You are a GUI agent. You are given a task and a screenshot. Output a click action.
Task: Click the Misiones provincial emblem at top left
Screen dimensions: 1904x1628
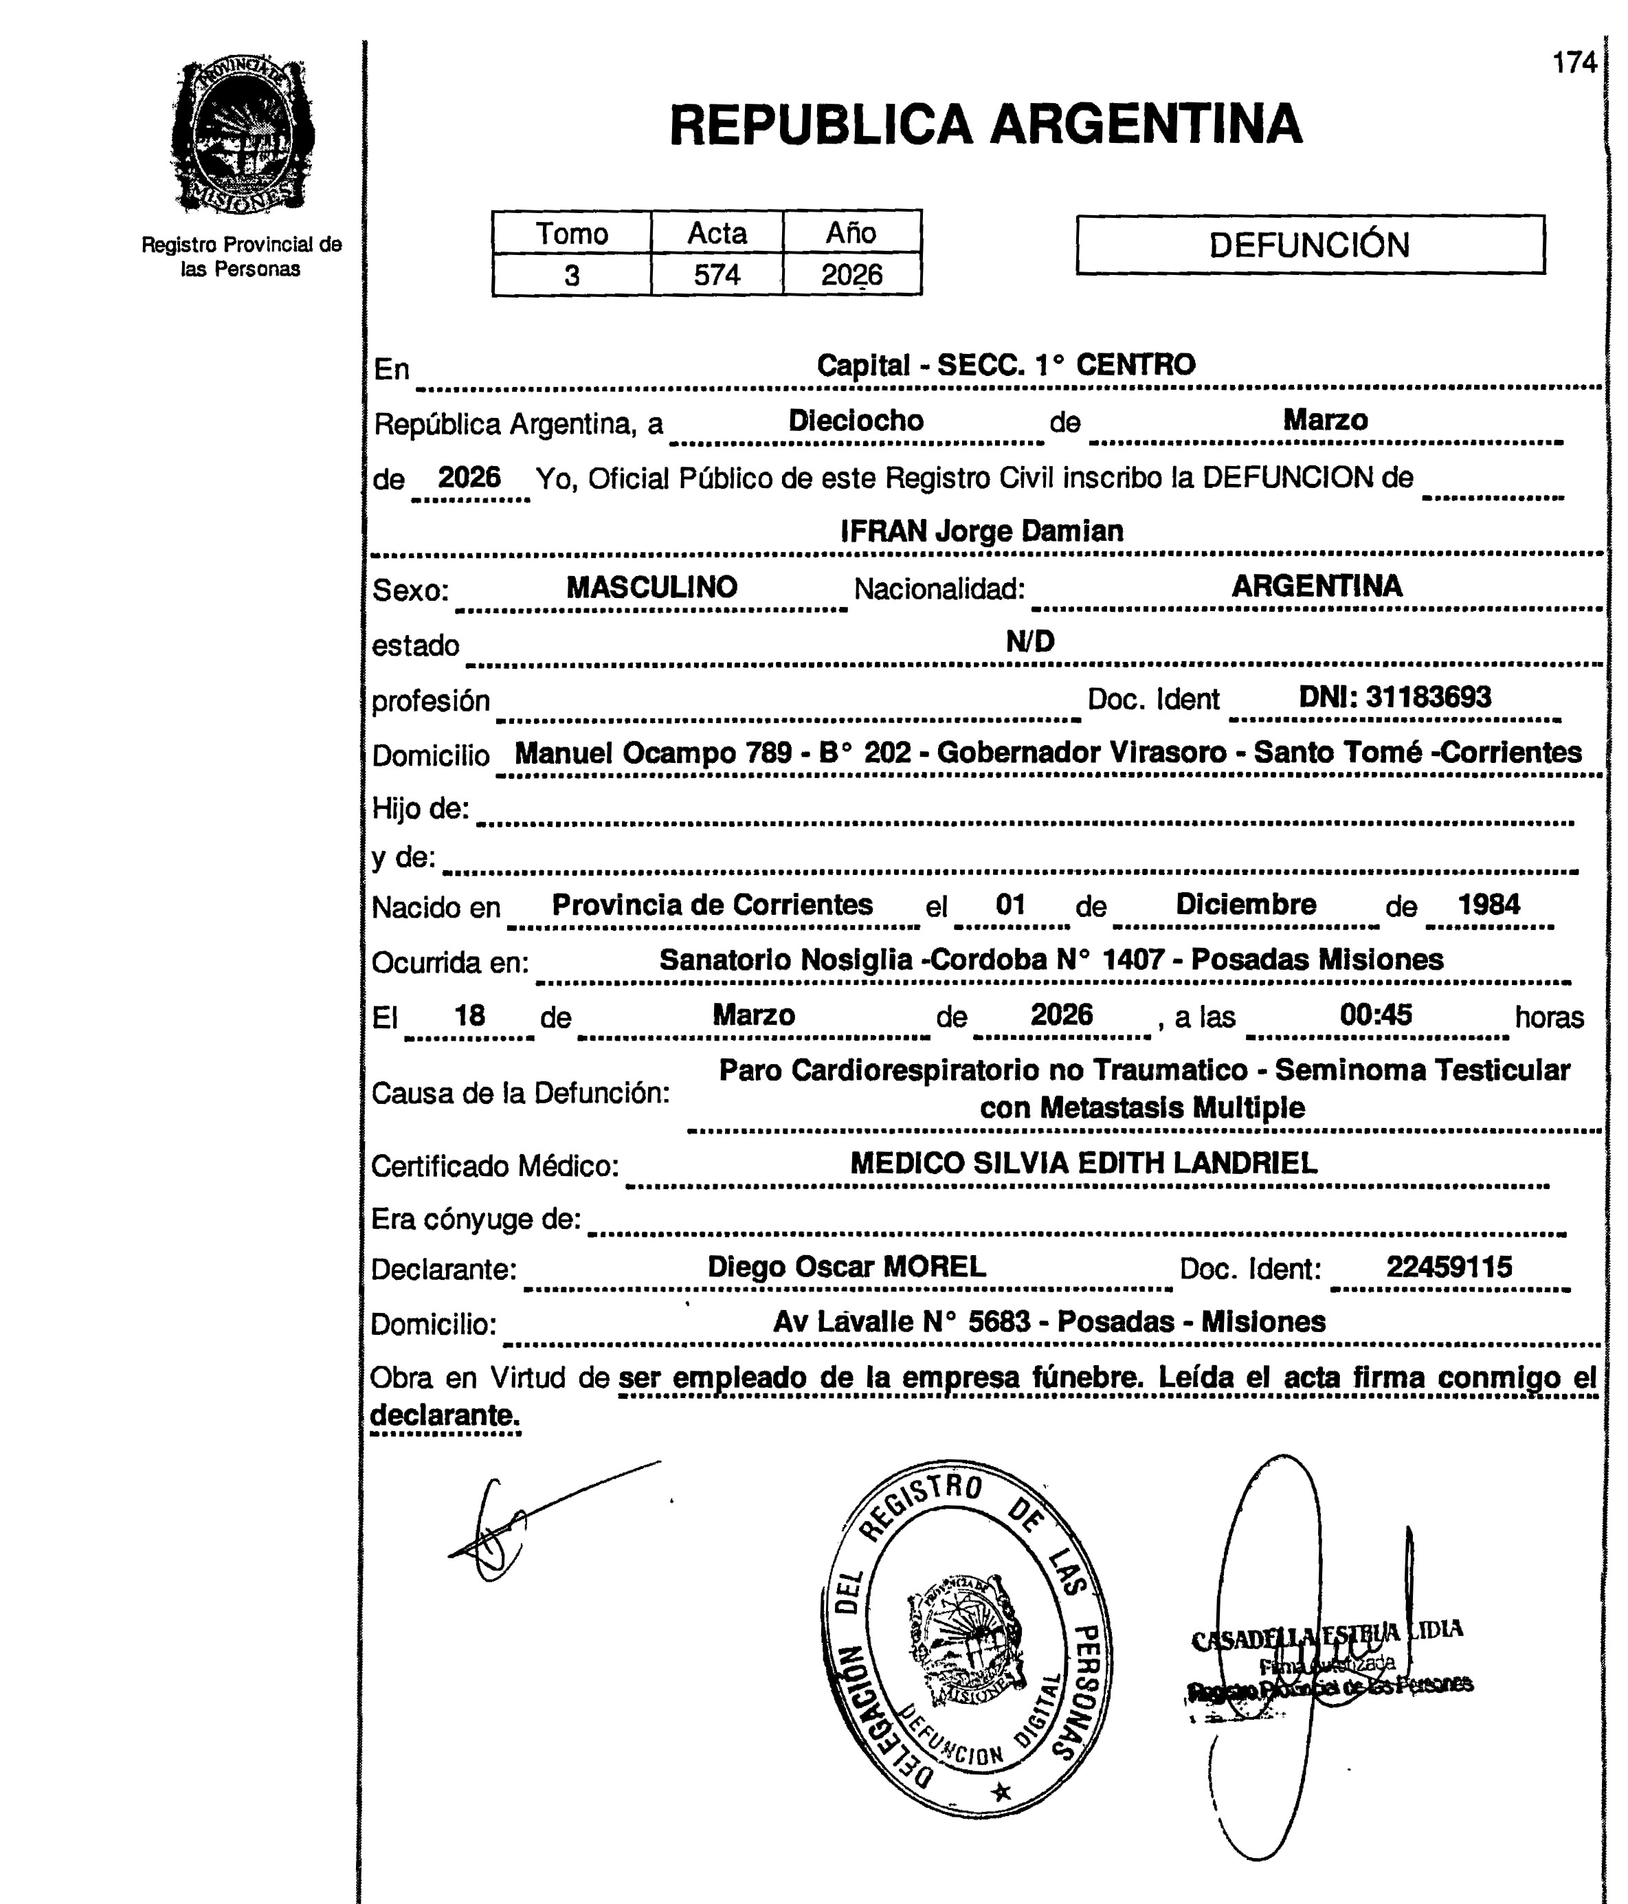(x=242, y=136)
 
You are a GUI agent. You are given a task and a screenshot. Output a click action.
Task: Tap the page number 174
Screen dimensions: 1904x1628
(x=1574, y=63)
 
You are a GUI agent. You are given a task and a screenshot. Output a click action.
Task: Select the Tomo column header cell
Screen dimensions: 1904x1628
(x=572, y=232)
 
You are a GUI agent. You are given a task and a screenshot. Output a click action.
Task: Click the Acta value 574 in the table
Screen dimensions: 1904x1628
(x=717, y=275)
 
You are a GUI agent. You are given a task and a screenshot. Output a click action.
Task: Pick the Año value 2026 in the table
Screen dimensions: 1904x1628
(x=851, y=275)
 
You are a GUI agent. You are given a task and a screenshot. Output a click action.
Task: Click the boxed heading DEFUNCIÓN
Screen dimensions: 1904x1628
(x=1309, y=245)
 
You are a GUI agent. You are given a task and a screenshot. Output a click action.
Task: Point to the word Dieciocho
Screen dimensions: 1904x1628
(x=856, y=421)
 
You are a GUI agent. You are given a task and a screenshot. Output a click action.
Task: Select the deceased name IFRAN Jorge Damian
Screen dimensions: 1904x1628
(x=981, y=531)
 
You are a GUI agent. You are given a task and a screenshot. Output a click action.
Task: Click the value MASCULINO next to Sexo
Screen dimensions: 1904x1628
(x=651, y=587)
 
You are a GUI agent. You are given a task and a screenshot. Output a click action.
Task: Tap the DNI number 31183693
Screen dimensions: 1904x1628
(x=1428, y=696)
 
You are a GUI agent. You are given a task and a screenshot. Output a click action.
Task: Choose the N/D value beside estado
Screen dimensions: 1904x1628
(x=1030, y=641)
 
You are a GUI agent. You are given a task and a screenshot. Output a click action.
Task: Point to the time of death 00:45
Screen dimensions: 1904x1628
(x=1375, y=1015)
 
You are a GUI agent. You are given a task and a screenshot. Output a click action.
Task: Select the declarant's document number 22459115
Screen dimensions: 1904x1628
(x=1449, y=1268)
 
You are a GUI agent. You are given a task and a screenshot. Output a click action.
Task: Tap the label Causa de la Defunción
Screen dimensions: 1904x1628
(x=521, y=1094)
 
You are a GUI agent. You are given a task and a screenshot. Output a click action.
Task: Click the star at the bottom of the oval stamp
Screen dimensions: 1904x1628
(x=1001, y=1792)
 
